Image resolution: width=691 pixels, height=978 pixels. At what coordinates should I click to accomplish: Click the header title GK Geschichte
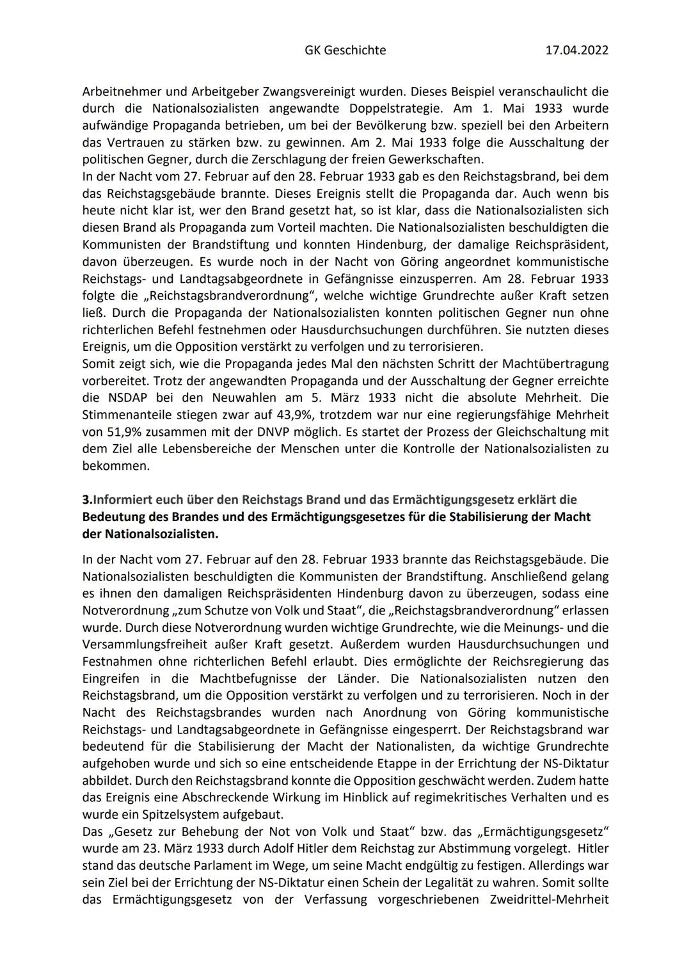(x=345, y=50)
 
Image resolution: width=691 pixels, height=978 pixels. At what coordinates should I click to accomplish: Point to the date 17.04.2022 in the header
(x=576, y=50)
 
